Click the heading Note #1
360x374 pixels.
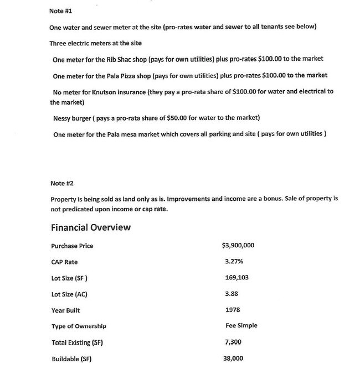[x=61, y=11]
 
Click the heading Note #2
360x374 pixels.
[x=61, y=183]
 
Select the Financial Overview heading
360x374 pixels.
[x=91, y=227]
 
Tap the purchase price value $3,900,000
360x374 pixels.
[x=238, y=246]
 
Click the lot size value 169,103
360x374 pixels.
[x=236, y=278]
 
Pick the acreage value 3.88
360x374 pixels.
[x=232, y=294]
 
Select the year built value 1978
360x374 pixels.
[x=233, y=310]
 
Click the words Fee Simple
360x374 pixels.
[x=241, y=326]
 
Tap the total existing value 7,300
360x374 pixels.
[x=234, y=342]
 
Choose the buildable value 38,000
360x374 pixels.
[x=234, y=359]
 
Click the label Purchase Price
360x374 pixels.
[x=72, y=246]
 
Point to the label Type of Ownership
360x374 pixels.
[x=79, y=326]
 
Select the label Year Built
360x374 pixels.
[x=65, y=310]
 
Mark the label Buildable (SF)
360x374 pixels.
[x=71, y=359]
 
